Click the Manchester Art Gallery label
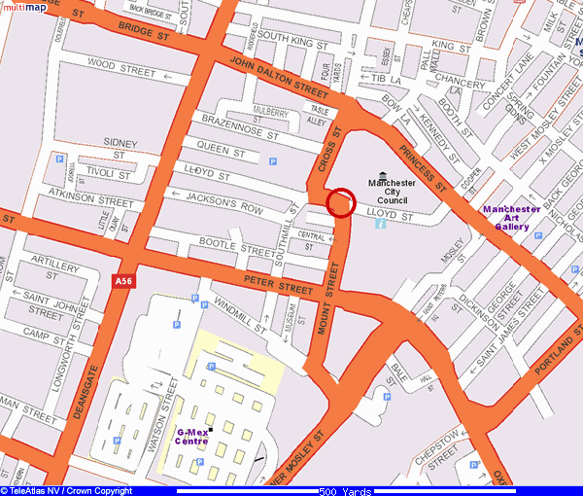click(512, 218)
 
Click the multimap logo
click(23, 7)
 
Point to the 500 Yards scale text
click(345, 491)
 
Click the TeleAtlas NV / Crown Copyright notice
click(67, 491)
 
